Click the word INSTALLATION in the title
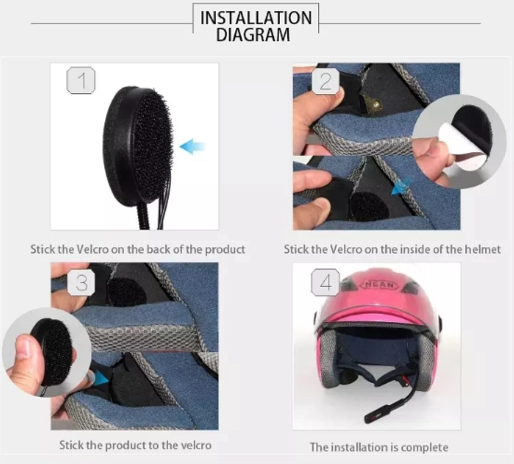[256, 18]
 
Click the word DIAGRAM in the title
[253, 35]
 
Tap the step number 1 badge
[81, 80]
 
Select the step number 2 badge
[325, 81]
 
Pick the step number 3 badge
[82, 282]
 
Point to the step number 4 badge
[325, 282]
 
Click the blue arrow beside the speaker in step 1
[193, 146]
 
